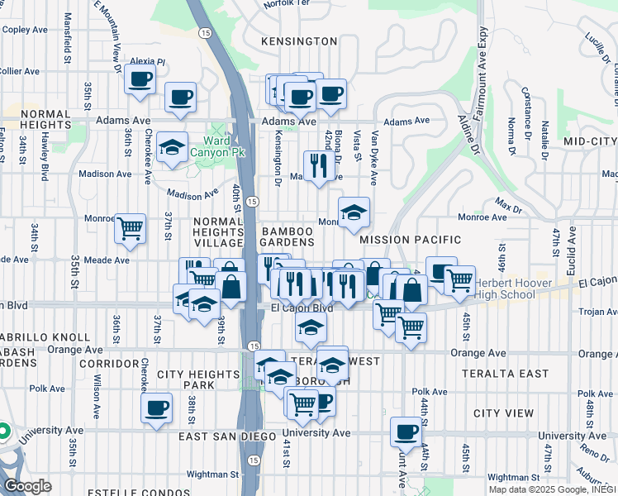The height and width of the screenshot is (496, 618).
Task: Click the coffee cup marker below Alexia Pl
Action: (x=140, y=80)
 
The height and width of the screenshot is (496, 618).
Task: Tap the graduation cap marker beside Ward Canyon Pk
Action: (x=172, y=147)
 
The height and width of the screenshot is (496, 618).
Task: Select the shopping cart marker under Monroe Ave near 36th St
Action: (x=130, y=227)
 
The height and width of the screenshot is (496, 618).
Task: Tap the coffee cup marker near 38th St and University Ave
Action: (x=156, y=408)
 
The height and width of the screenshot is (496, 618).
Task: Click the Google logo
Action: (x=27, y=487)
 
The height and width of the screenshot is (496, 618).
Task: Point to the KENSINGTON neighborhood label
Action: (x=298, y=41)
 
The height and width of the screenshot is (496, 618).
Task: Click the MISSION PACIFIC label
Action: (x=411, y=240)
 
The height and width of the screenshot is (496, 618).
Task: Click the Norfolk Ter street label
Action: (x=284, y=4)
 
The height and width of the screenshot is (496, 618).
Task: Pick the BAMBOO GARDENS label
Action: (x=288, y=236)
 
